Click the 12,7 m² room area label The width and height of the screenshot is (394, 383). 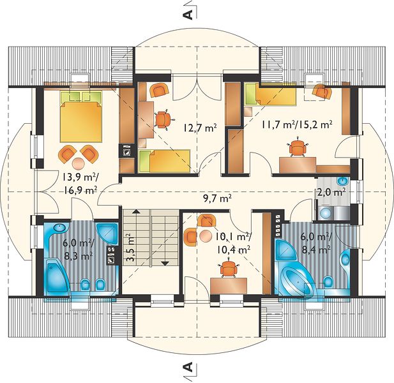click(200, 128)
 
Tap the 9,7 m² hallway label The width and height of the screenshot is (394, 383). click(217, 199)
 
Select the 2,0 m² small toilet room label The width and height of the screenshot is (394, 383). click(331, 191)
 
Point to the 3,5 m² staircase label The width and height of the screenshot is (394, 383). click(130, 248)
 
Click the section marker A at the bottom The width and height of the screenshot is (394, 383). click(188, 367)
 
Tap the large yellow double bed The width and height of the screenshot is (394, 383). click(81, 116)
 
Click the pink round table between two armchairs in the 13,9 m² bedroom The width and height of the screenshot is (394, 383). click(79, 164)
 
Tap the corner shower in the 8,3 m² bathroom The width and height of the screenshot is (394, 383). click(107, 234)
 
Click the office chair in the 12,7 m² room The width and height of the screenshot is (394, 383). click(163, 119)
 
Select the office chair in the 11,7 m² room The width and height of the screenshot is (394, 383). click(298, 148)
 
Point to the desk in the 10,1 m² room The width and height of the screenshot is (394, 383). click(229, 285)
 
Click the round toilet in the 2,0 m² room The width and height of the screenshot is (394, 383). click(326, 213)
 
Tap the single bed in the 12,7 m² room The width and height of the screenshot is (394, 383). click(164, 161)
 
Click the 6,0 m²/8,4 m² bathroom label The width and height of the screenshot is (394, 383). click(317, 243)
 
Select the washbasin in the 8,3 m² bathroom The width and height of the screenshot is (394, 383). click(59, 228)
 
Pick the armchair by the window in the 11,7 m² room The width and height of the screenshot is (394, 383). click(322, 91)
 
